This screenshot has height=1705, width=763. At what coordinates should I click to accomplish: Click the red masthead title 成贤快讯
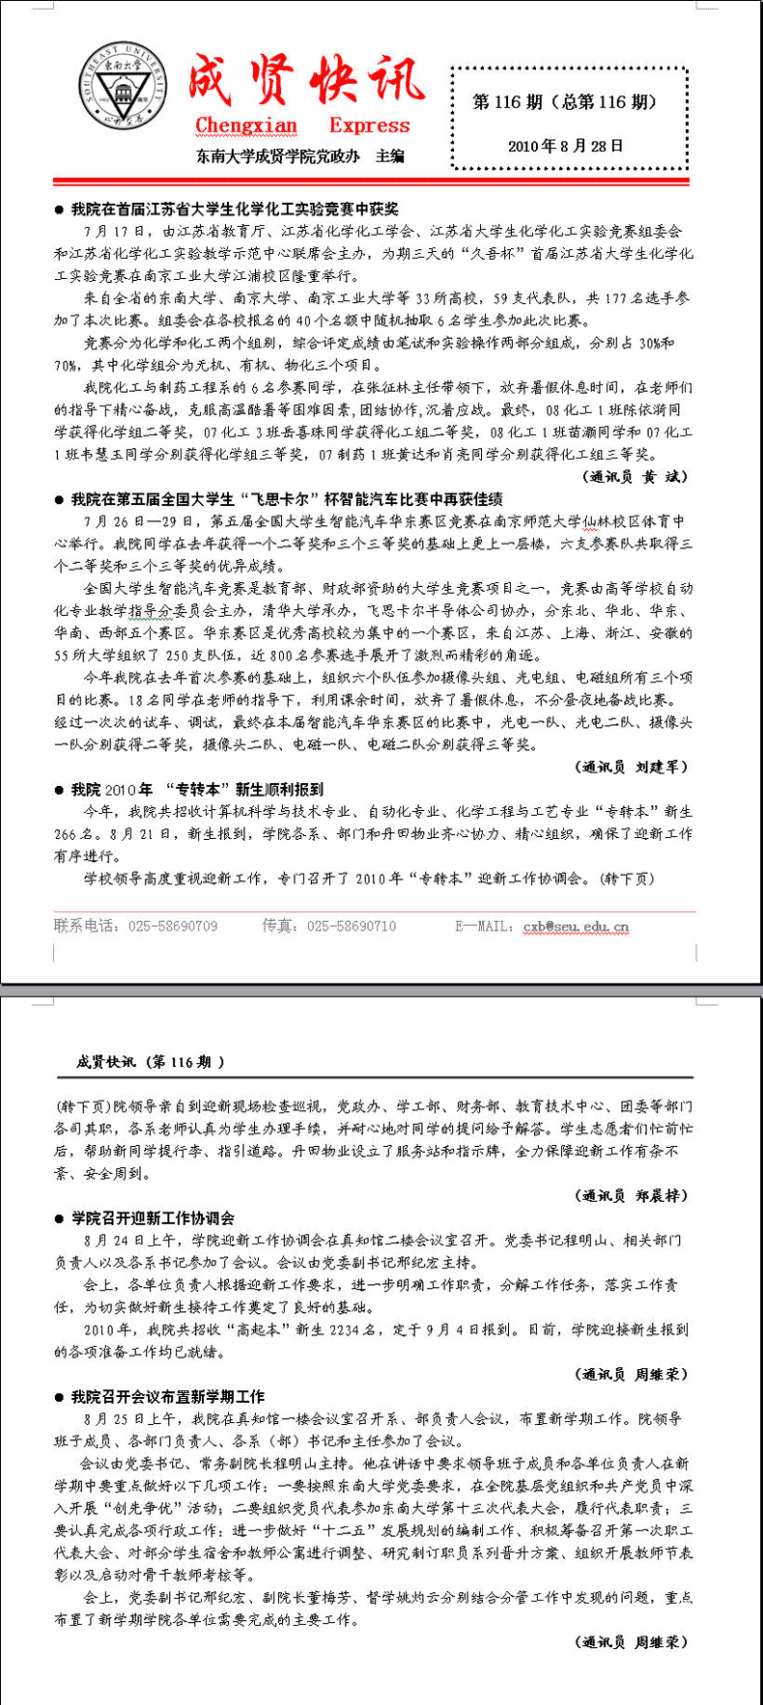click(305, 81)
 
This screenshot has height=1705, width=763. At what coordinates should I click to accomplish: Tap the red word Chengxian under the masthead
click(246, 126)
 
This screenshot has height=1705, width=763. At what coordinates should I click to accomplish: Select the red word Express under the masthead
click(369, 126)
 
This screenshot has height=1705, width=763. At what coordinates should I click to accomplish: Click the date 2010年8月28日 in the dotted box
click(566, 146)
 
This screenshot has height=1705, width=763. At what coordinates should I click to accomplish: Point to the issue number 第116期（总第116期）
click(565, 102)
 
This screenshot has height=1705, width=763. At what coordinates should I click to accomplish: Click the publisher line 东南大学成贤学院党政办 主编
click(300, 155)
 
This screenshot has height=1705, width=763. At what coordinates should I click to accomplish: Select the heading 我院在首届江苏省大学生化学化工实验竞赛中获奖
click(235, 209)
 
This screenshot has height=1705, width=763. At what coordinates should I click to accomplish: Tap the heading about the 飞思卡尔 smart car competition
click(287, 499)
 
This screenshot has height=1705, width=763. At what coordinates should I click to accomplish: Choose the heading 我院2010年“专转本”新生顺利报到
click(198, 789)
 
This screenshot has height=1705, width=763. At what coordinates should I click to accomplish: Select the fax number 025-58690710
click(352, 926)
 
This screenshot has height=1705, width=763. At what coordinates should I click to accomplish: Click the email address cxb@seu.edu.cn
click(576, 926)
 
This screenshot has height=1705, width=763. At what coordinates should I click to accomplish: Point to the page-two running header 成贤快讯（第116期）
click(151, 1062)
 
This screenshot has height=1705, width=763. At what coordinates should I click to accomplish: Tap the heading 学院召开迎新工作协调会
click(154, 1217)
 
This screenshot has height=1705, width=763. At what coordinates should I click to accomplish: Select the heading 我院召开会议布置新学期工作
click(168, 1396)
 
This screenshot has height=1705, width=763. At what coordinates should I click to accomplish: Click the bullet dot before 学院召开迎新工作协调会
click(59, 1218)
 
